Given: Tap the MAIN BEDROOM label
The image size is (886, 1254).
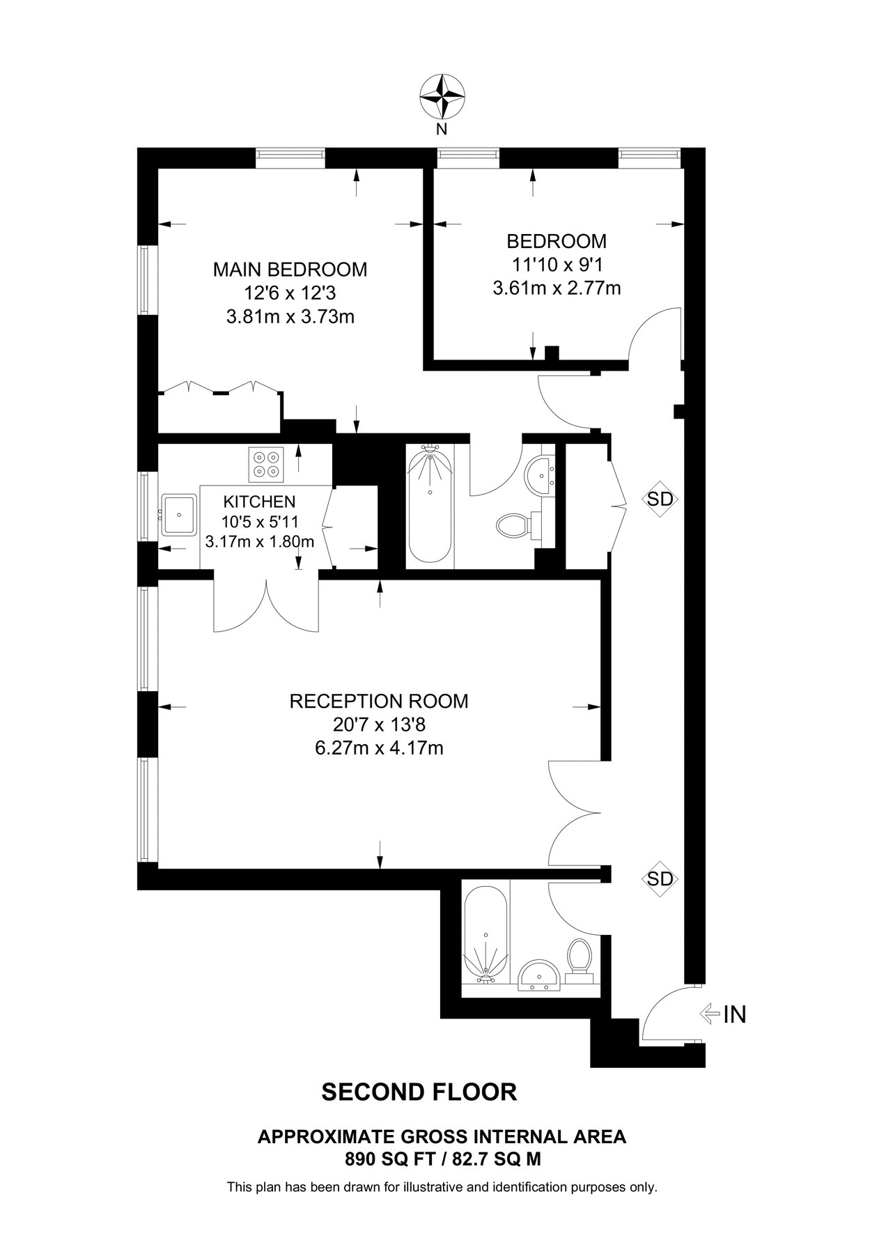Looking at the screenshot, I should (290, 269).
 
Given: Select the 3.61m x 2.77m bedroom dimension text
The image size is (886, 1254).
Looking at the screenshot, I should (556, 288).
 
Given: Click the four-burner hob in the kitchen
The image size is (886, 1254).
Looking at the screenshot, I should (267, 464).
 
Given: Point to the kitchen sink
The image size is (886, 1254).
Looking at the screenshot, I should (179, 515).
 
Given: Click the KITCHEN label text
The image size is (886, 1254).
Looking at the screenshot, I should (259, 501).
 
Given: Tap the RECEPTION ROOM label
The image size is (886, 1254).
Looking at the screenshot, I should (379, 701).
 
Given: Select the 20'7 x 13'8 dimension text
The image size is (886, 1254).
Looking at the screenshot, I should (379, 725).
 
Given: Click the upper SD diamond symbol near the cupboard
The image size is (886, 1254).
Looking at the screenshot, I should (660, 499).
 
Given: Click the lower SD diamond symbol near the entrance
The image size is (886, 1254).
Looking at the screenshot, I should (660, 878).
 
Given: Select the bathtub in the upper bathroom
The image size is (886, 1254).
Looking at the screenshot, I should (430, 506).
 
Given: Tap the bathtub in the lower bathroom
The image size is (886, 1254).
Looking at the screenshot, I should (485, 934).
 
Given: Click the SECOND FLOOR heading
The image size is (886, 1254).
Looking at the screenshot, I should (419, 1092).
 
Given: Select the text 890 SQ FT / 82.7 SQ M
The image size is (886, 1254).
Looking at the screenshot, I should (442, 1159).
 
